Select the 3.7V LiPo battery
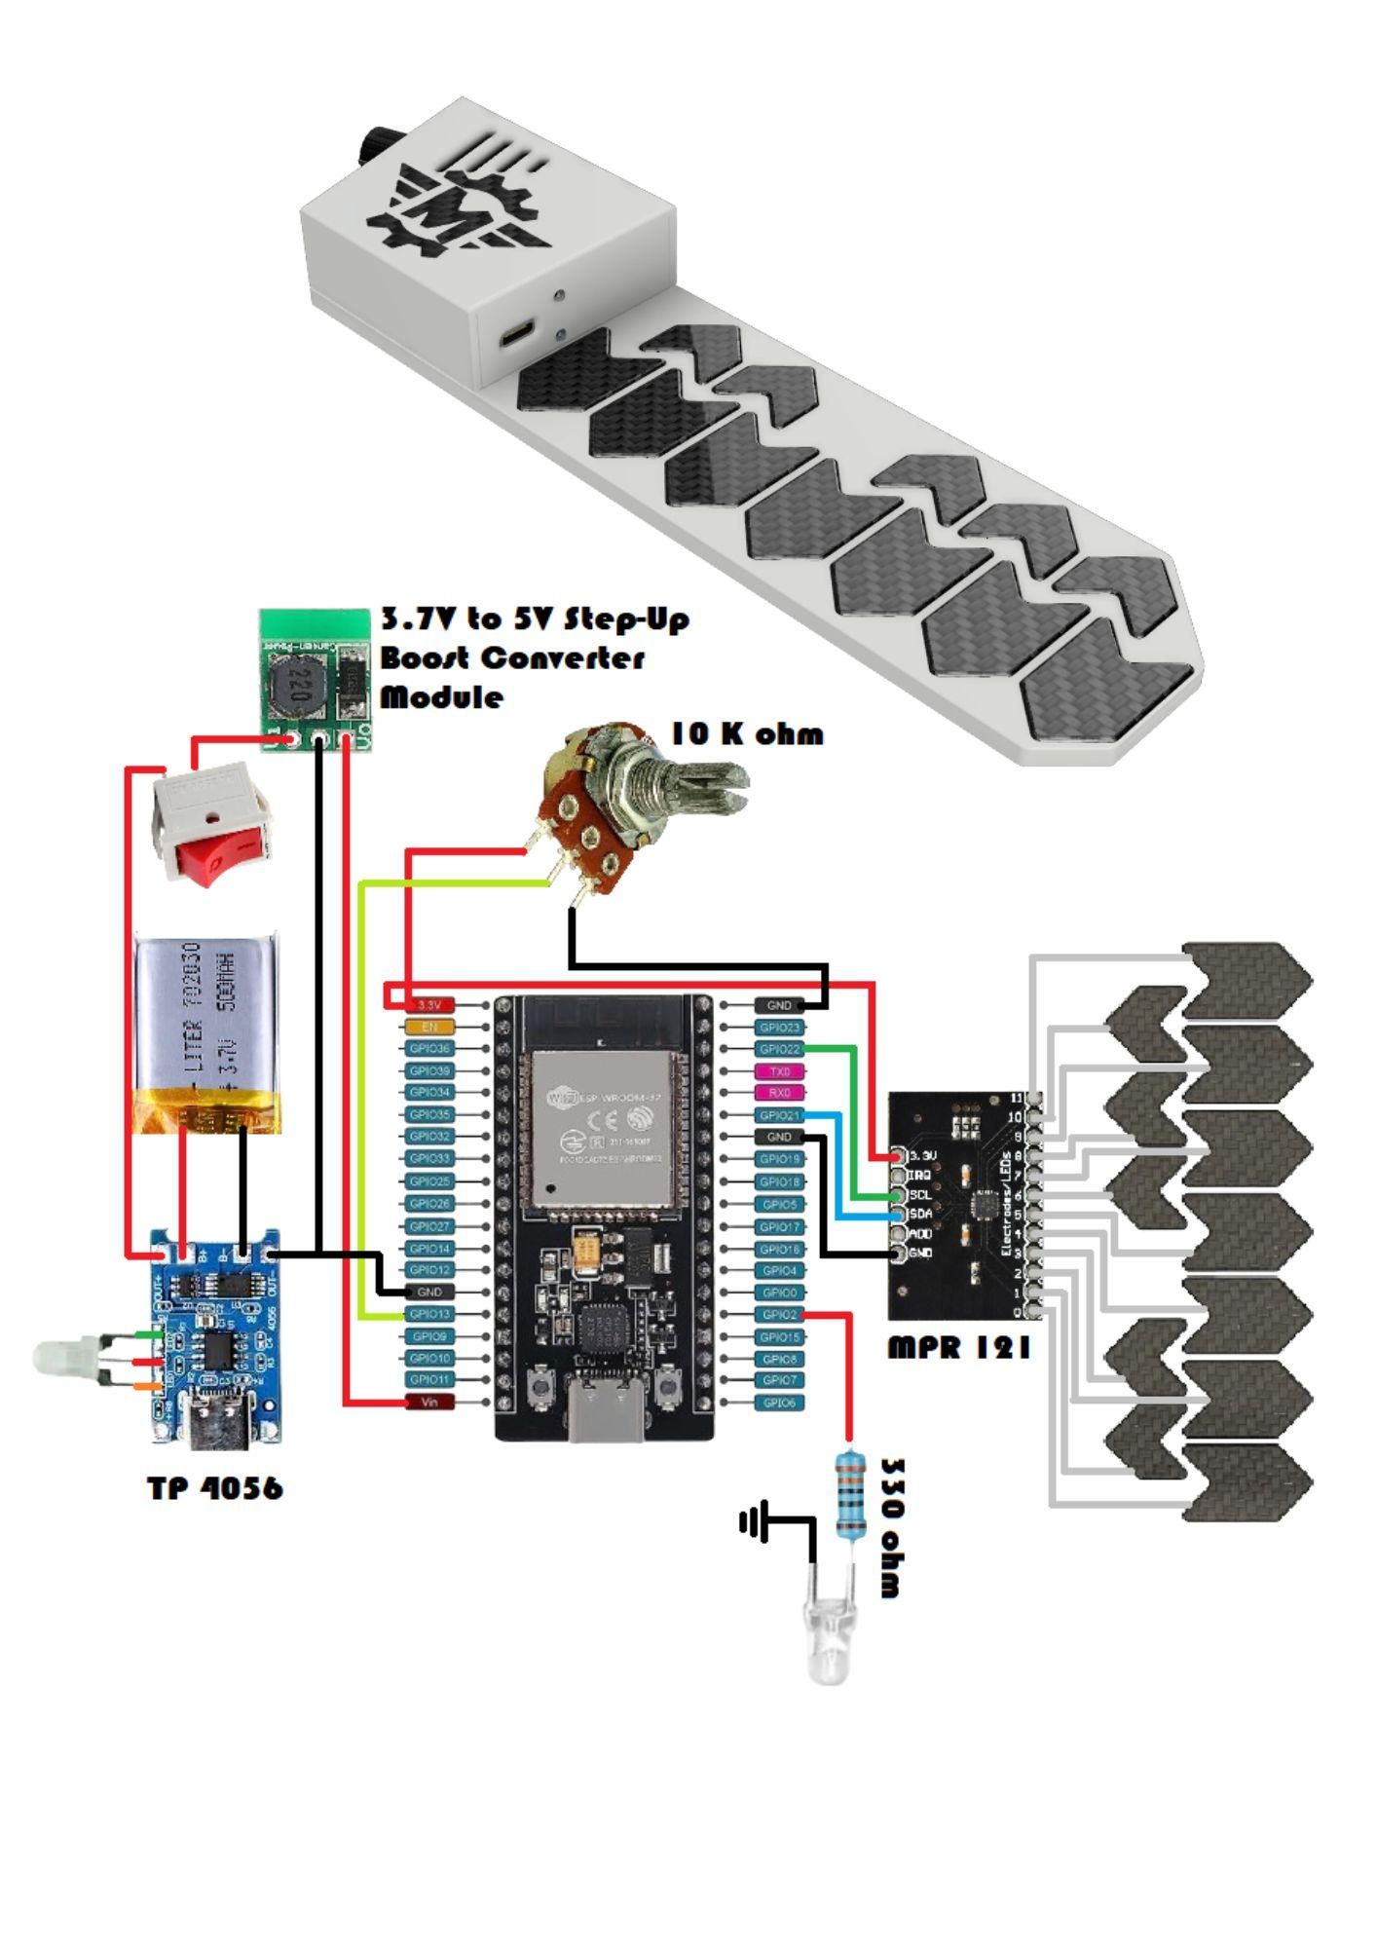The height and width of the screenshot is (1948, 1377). coord(206,1034)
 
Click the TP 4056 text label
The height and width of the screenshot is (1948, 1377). coord(215,1487)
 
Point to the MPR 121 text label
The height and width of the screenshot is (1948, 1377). coord(958,1347)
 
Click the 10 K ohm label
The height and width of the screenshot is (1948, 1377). coord(747,733)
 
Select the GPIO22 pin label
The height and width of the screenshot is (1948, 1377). coord(779,1049)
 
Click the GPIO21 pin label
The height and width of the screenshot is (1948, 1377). coord(779,1115)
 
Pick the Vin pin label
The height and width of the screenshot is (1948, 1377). coord(428,1402)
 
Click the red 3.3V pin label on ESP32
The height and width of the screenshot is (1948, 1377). coord(428,1004)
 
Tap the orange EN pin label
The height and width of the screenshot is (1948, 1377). coord(428,1027)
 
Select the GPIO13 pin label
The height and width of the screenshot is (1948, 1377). coord(428,1314)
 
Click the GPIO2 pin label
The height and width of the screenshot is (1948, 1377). coord(779,1315)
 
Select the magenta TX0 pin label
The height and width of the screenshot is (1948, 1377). coord(779,1071)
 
